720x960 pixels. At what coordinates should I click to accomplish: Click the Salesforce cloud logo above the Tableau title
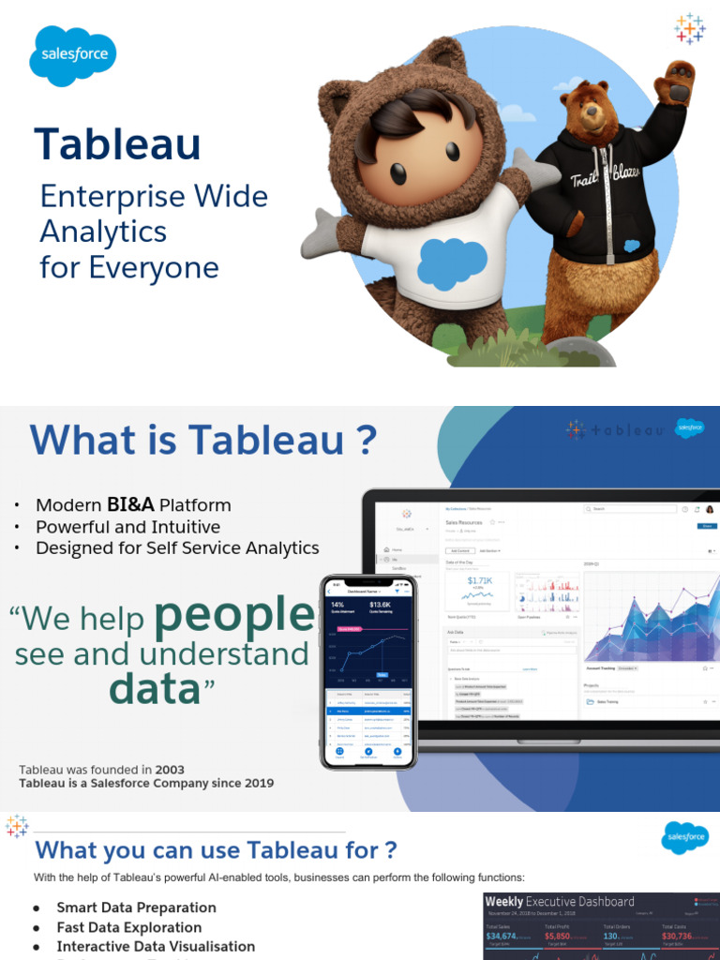point(74,55)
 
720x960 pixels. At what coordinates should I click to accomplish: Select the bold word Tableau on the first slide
point(118,144)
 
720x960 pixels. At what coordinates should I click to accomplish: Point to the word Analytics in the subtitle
point(103,232)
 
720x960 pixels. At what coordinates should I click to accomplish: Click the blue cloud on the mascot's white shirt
point(451,263)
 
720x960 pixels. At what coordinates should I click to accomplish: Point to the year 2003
point(170,770)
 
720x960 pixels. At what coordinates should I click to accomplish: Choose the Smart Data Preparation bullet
point(136,907)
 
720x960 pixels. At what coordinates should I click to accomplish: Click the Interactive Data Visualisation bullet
point(156,947)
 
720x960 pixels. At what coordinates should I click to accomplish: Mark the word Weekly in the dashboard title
point(503,902)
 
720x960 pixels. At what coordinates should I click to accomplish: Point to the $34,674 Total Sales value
point(501,937)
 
